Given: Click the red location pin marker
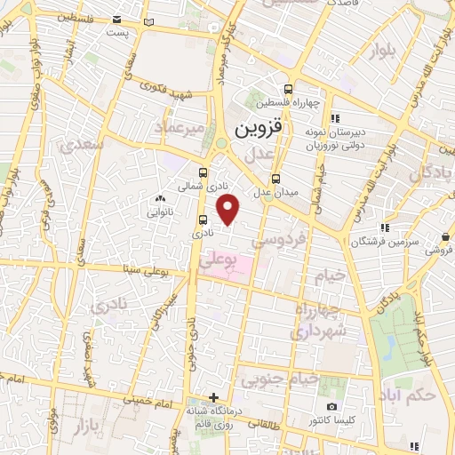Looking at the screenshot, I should (229, 210).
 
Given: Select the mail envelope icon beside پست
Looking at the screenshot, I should (149, 20).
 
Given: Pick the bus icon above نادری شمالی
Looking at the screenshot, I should (204, 173).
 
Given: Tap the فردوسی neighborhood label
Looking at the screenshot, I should (278, 237).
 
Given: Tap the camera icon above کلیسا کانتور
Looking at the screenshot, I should (332, 406).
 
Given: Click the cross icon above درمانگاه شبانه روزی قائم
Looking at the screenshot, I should (213, 397).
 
